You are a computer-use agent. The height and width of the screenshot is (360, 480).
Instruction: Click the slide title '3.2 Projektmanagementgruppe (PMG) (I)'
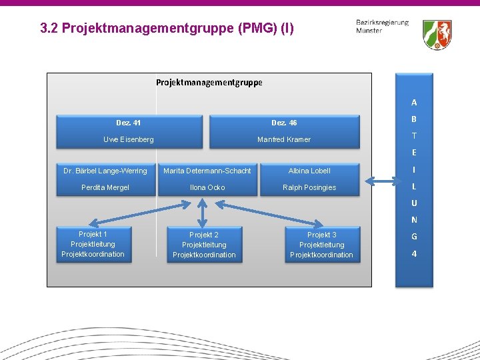tap(166, 28)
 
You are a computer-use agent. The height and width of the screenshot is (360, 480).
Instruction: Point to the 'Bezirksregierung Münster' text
tap(382, 27)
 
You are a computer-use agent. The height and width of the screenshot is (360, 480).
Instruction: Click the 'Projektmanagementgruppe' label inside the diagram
tap(209, 83)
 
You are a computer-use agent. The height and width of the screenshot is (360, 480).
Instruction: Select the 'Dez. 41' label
tap(128, 123)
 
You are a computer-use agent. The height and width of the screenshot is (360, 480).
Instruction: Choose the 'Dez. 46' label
tap(284, 123)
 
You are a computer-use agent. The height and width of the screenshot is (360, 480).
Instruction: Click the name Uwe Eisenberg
tap(129, 139)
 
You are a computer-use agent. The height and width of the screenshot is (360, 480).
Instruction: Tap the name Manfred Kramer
tap(284, 139)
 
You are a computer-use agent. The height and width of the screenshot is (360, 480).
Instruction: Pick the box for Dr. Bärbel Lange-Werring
tap(105, 171)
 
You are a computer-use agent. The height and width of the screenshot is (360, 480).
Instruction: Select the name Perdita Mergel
tap(105, 187)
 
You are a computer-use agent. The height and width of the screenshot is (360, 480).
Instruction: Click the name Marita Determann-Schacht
tap(207, 171)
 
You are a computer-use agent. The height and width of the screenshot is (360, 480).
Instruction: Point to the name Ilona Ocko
tap(207, 187)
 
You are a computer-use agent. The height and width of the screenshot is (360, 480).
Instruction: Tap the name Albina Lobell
tap(309, 171)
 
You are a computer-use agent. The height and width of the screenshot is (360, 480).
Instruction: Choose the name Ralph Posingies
tap(309, 187)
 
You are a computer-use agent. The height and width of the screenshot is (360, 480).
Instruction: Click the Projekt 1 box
tap(93, 244)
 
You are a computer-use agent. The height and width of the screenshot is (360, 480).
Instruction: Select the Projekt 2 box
tap(204, 245)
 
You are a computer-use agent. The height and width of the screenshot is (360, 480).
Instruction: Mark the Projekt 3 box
tap(322, 245)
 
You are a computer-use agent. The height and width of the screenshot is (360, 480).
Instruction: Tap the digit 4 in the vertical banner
tap(414, 254)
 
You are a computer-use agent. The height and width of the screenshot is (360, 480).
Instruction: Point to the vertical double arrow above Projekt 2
tap(203, 211)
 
